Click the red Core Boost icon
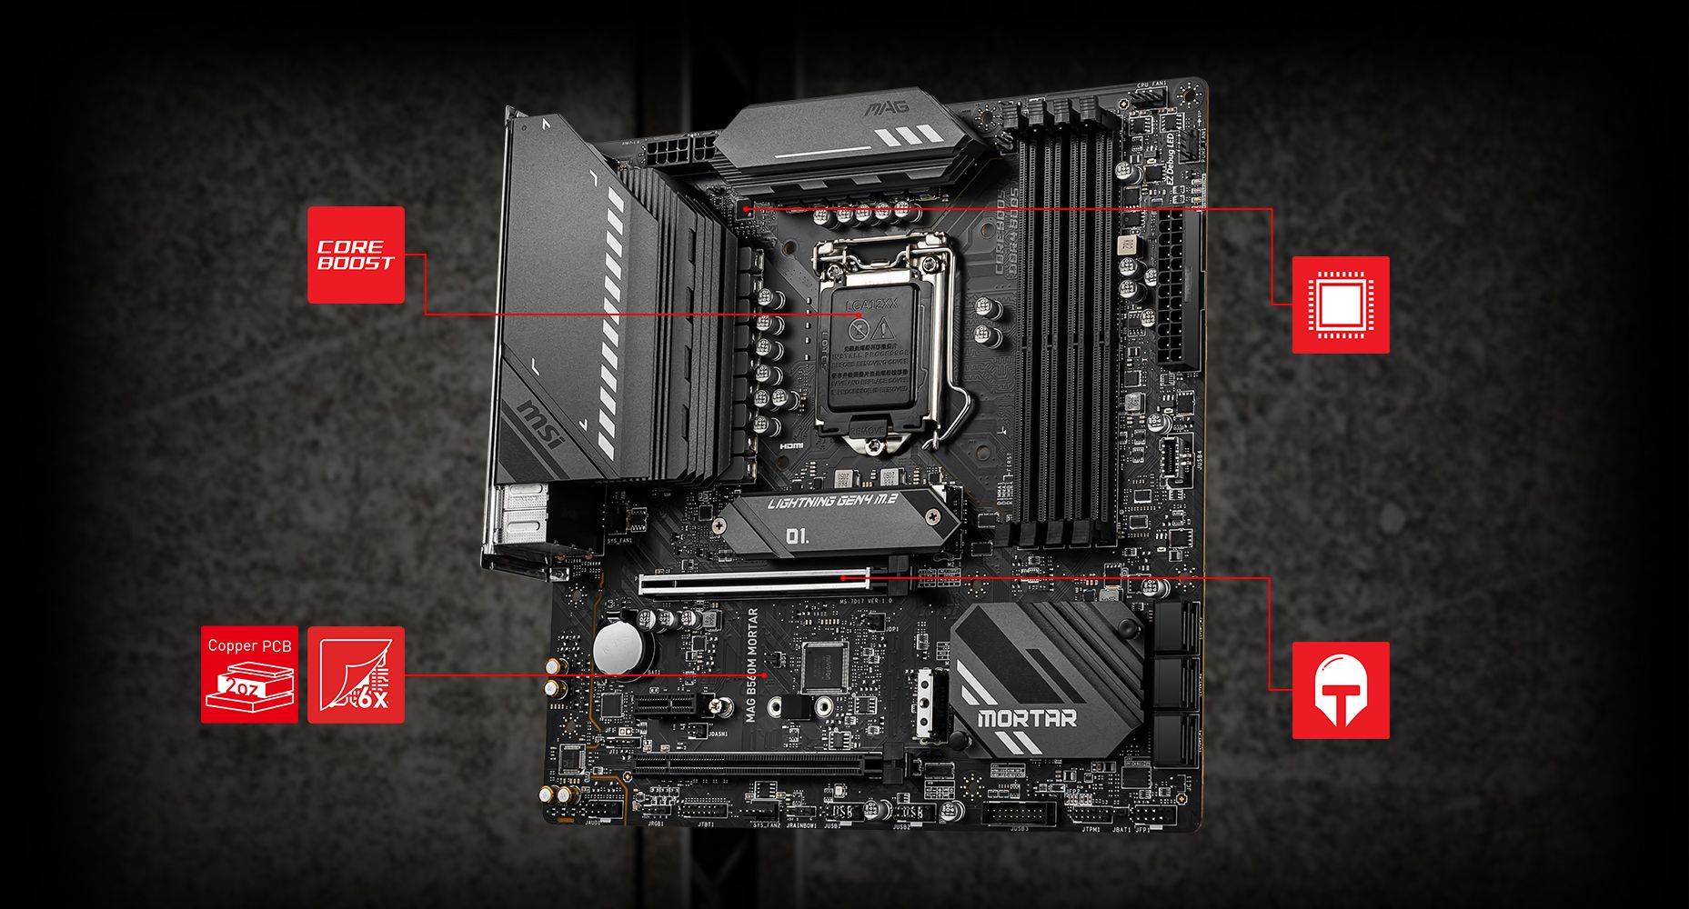pyautogui.click(x=356, y=255)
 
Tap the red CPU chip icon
pyautogui.click(x=1341, y=305)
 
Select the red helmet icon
pyautogui.click(x=1341, y=690)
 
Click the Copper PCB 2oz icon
pyautogui.click(x=249, y=674)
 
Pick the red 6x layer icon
pyautogui.click(x=356, y=674)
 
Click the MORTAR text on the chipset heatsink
pyautogui.click(x=1027, y=718)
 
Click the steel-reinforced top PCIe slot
pyautogui.click(x=753, y=582)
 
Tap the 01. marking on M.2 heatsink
pyautogui.click(x=797, y=536)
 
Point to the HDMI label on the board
pyautogui.click(x=791, y=446)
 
